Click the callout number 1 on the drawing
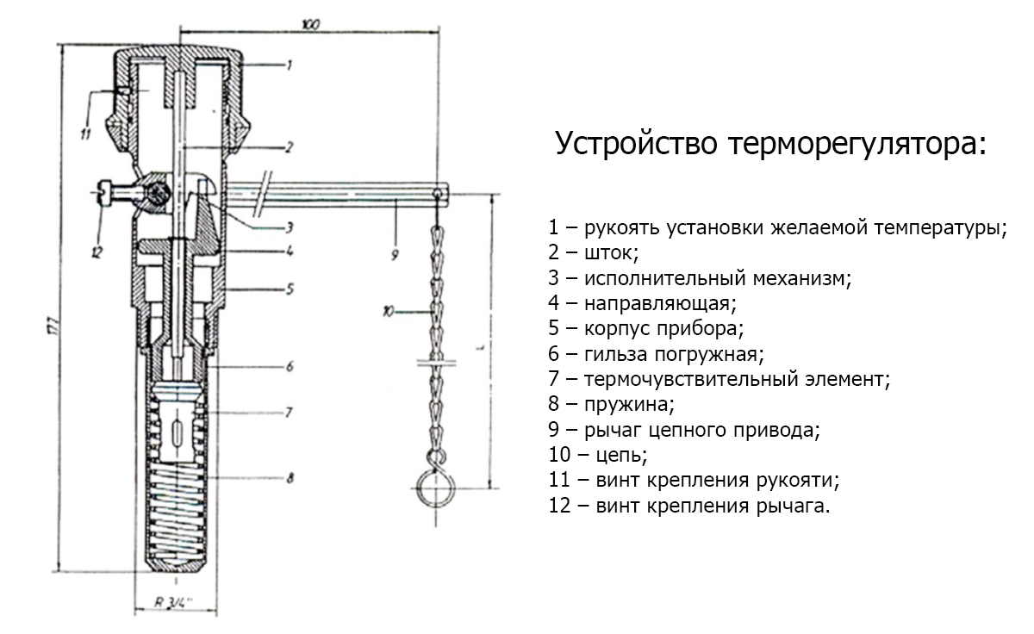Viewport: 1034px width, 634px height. (290, 65)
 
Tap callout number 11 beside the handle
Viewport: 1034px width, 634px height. (84, 133)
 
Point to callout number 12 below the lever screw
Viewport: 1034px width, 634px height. (96, 252)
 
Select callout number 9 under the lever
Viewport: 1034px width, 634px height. (395, 255)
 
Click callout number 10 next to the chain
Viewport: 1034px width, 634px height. (389, 312)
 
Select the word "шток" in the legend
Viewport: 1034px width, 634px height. (611, 254)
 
